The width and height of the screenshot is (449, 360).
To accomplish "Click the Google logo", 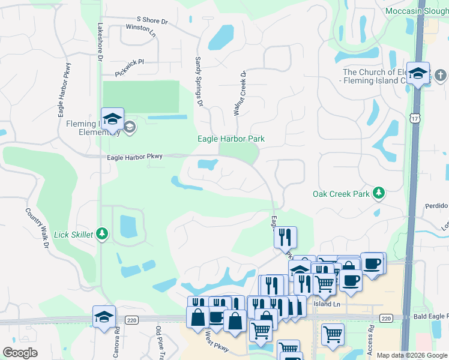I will [x=20, y=353].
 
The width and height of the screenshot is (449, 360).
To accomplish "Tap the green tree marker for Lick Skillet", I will [x=102, y=233].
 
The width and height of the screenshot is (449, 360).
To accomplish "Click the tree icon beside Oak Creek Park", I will [x=378, y=193].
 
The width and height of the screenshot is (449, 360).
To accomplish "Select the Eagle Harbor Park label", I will [x=231, y=139].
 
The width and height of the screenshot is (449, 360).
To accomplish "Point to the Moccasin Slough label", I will [x=416, y=11].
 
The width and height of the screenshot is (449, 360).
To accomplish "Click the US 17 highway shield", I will [x=415, y=119].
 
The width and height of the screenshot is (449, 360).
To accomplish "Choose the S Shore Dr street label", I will [x=152, y=21].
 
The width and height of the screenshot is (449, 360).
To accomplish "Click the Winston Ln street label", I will [x=140, y=30].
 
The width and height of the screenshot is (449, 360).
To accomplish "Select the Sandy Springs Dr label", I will [x=199, y=82].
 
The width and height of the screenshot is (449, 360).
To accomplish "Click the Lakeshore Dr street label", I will [x=100, y=42].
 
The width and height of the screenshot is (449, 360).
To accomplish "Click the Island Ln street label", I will [x=327, y=304].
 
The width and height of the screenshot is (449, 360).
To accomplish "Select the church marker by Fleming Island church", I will [x=441, y=76].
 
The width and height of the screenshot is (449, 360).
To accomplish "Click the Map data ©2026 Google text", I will [x=412, y=355].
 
